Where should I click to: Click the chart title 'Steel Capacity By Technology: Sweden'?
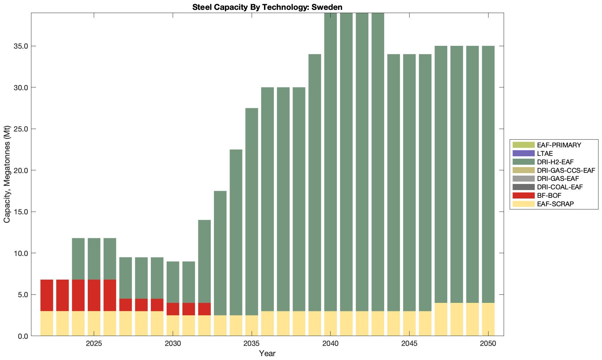(267, 7)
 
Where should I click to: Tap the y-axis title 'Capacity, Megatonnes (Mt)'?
(7, 174)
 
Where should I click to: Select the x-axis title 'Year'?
(267, 353)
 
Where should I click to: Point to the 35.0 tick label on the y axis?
(21, 46)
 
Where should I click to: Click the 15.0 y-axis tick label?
(21, 212)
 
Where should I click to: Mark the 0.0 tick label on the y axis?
(23, 336)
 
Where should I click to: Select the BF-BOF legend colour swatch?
(523, 195)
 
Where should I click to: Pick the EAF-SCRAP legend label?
(555, 204)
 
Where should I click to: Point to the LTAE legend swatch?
(523, 153)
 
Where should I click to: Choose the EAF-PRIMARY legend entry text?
(559, 145)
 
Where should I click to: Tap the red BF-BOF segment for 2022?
(47, 295)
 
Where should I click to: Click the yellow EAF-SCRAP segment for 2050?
(488, 319)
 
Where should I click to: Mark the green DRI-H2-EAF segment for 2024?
(78, 259)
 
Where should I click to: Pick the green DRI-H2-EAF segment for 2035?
(252, 212)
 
